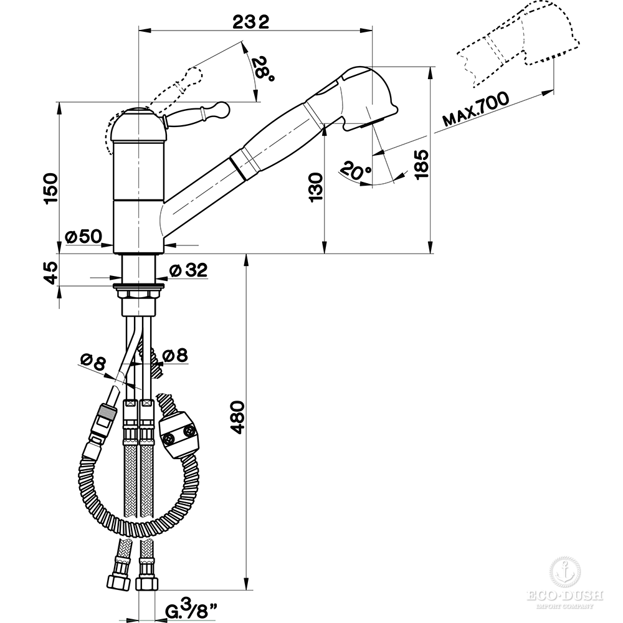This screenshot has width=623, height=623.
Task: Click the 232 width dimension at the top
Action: [250, 22]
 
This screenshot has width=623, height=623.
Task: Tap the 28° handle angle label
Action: [264, 69]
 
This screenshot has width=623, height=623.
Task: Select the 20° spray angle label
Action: [356, 170]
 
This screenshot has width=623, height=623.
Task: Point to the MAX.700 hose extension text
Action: [475, 108]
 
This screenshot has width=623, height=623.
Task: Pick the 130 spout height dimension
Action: [316, 187]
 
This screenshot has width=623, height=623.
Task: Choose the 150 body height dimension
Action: [51, 188]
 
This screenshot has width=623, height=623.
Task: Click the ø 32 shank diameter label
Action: [188, 270]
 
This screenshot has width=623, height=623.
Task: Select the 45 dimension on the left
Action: [51, 272]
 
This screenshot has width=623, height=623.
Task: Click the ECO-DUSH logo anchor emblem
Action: [564, 572]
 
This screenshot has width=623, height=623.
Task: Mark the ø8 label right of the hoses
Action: [175, 355]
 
